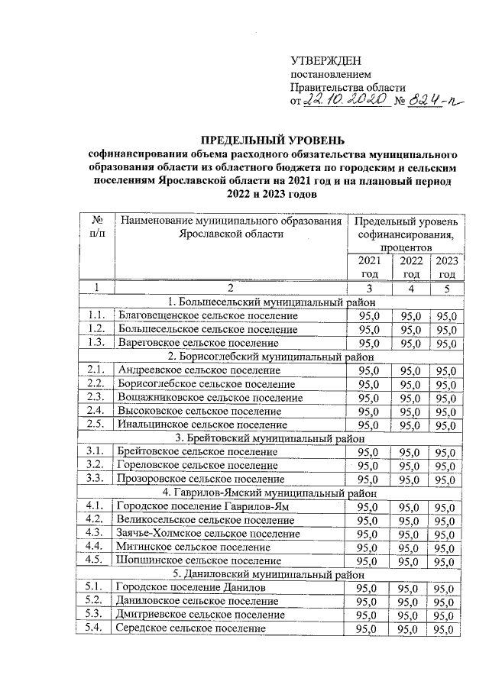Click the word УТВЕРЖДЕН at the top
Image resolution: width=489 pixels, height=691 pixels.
click(326, 61)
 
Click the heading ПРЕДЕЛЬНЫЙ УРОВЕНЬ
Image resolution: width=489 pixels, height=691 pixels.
click(271, 140)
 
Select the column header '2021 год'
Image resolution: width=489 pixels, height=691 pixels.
click(369, 267)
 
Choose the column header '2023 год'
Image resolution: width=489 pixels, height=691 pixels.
click(447, 267)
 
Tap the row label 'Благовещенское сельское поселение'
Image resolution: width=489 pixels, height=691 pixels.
click(206, 315)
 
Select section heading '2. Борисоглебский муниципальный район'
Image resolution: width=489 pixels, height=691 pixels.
click(271, 357)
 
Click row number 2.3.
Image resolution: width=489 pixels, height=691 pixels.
click(96, 397)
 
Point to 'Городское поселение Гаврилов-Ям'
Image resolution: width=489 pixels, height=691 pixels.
click(197, 506)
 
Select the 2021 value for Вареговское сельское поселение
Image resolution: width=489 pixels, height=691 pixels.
click(369, 343)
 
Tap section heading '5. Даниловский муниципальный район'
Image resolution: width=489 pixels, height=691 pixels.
click(271, 573)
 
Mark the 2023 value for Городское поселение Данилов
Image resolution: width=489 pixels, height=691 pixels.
click(447, 588)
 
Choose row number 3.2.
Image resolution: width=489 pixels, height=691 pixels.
click(96, 465)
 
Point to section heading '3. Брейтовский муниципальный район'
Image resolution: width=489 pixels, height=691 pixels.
click(271, 438)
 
